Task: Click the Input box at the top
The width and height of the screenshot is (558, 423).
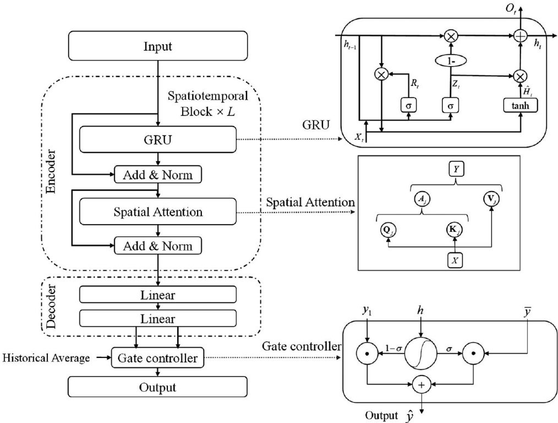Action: pyautogui.click(x=158, y=46)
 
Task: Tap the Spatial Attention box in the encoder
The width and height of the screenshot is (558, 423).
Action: pyautogui.click(x=158, y=211)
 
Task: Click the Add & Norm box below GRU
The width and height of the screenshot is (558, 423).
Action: pyautogui.click(x=158, y=175)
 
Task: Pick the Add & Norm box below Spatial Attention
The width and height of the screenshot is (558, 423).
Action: pyautogui.click(x=158, y=245)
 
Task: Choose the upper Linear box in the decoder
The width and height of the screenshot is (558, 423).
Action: pyautogui.click(x=158, y=295)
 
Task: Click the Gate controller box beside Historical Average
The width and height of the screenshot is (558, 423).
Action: pyautogui.click(x=158, y=359)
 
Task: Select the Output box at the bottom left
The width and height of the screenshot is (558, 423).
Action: pyautogui.click(x=158, y=387)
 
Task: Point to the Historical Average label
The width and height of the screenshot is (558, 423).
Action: pyautogui.click(x=46, y=359)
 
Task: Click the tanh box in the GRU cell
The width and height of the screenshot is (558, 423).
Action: pyautogui.click(x=520, y=105)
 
